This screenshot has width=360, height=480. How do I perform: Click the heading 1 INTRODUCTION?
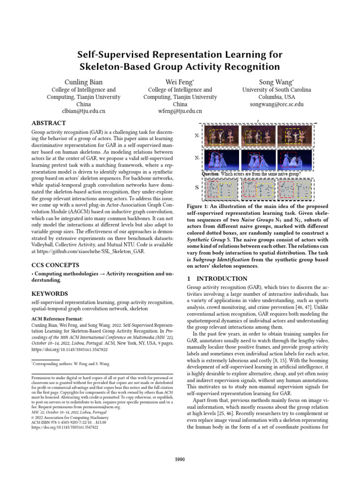pos(217,278)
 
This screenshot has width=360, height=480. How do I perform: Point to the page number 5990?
pos(180,459)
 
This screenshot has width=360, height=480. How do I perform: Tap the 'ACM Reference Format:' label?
pos(57,318)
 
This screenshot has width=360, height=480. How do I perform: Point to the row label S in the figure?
pos(196,188)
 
